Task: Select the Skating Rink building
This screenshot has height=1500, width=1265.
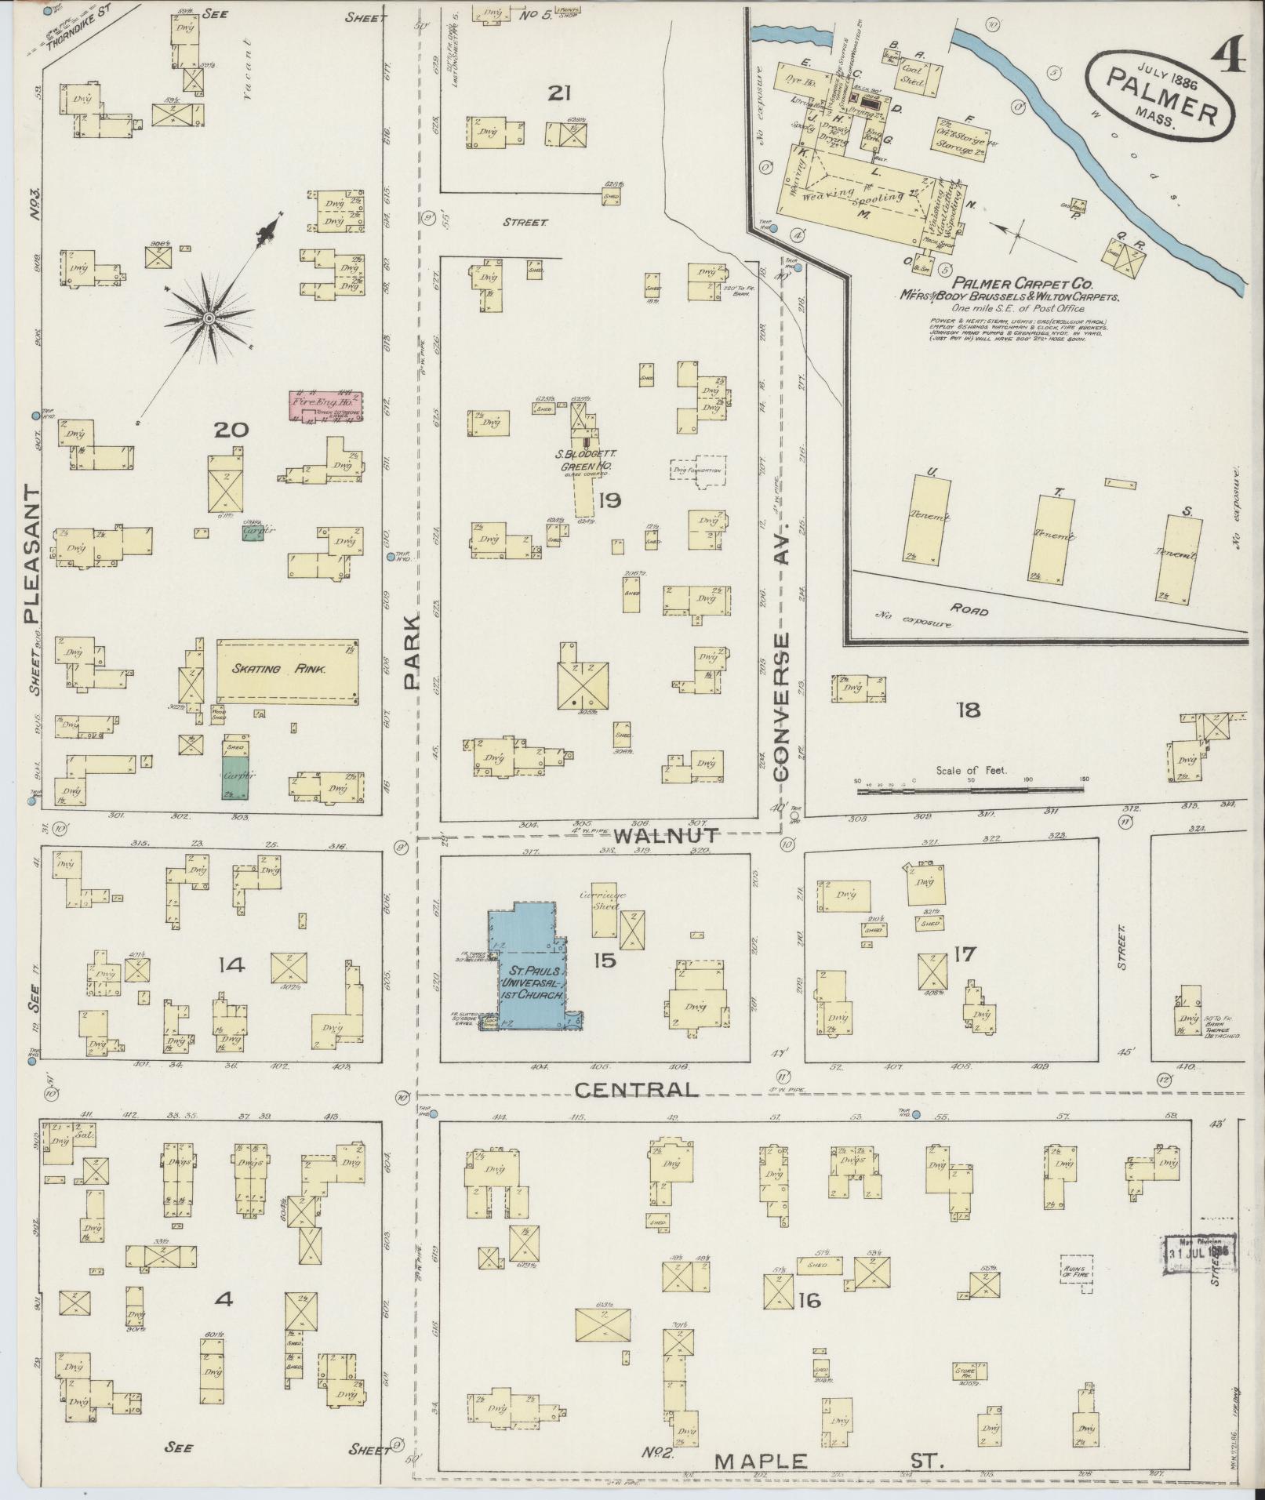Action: pos(287,670)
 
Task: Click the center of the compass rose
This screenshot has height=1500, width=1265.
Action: pos(209,318)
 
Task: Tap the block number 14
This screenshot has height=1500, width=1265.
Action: pos(234,966)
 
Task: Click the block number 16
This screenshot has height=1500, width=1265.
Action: pos(809,1301)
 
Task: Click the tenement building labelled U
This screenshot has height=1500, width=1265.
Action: pos(927,520)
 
